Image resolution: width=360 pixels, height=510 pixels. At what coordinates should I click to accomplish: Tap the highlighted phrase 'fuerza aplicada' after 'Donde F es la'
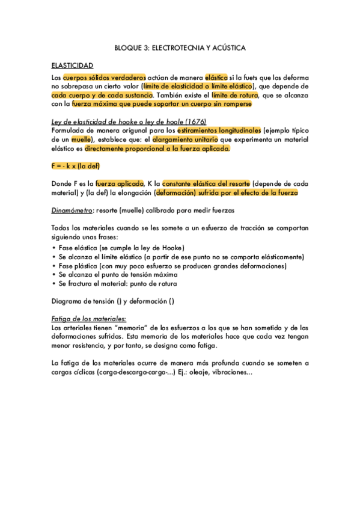coord(119,183)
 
